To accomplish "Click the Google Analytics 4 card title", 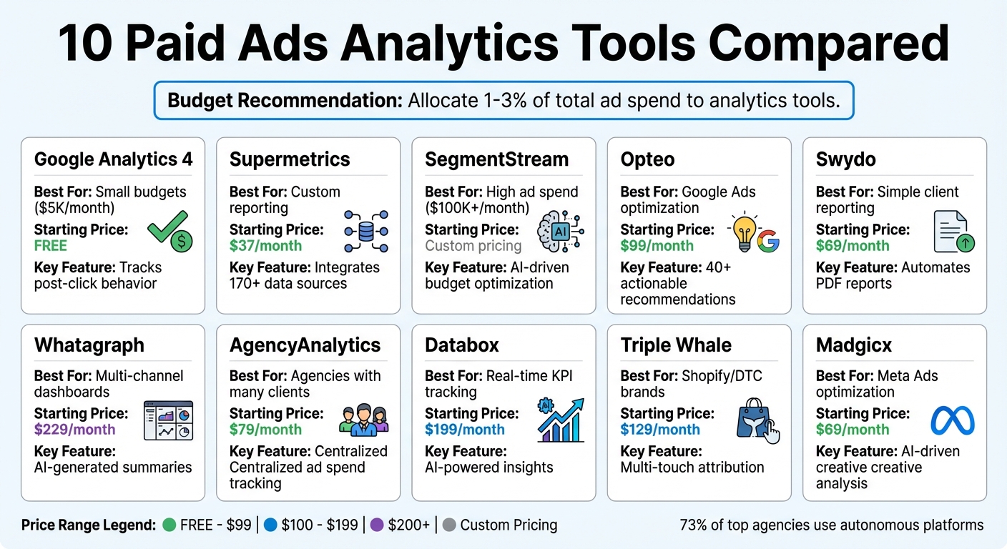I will click(113, 159).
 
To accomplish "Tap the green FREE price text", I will click(51, 246).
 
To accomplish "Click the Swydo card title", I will click(845, 159).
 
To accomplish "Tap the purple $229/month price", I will click(74, 430).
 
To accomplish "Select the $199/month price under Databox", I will click(465, 430).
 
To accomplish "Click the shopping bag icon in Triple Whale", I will click(756, 421).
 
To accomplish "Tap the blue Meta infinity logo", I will click(952, 421).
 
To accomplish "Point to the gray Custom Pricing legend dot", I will click(449, 525).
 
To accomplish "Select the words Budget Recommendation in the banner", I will click(285, 100).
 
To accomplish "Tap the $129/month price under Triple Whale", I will click(660, 430).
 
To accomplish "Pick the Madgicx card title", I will click(854, 345).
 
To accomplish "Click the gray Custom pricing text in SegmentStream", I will click(473, 246).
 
